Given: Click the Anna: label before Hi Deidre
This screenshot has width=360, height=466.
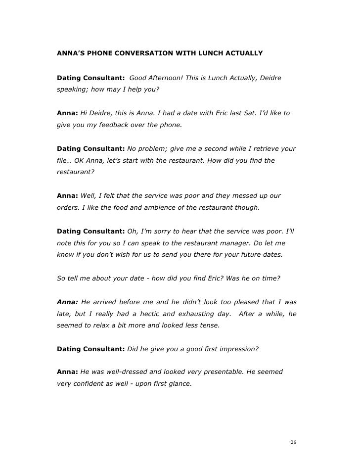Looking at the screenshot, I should [x=67, y=113].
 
